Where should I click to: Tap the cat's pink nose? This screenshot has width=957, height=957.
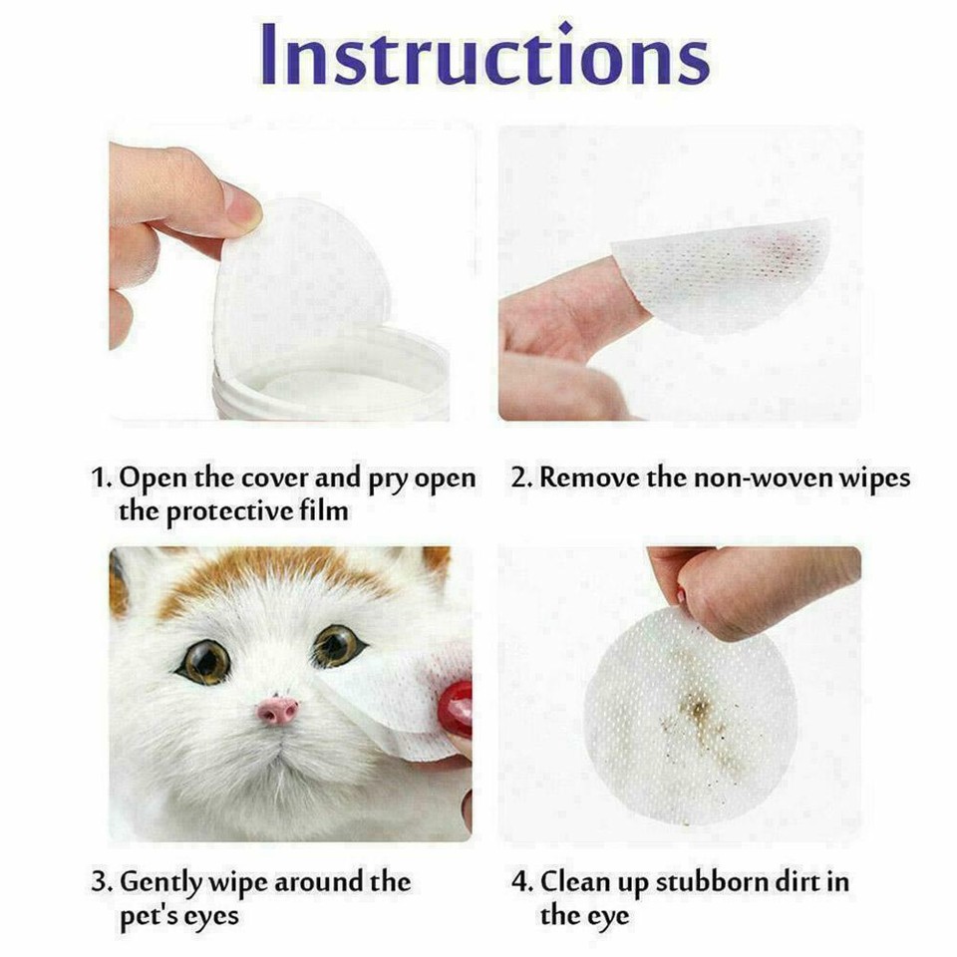tap(277, 710)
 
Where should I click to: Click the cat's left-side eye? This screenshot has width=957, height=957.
tap(203, 661)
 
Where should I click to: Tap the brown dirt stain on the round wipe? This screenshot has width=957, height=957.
tap(698, 710)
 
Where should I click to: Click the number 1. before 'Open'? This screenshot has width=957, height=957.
tap(101, 478)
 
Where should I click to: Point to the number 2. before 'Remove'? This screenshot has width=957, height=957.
tap(520, 478)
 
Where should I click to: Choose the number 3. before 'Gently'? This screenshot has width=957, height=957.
tap(101, 882)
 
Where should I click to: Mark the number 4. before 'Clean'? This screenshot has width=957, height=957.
tap(520, 882)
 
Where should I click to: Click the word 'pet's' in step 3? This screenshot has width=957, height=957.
tap(149, 915)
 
